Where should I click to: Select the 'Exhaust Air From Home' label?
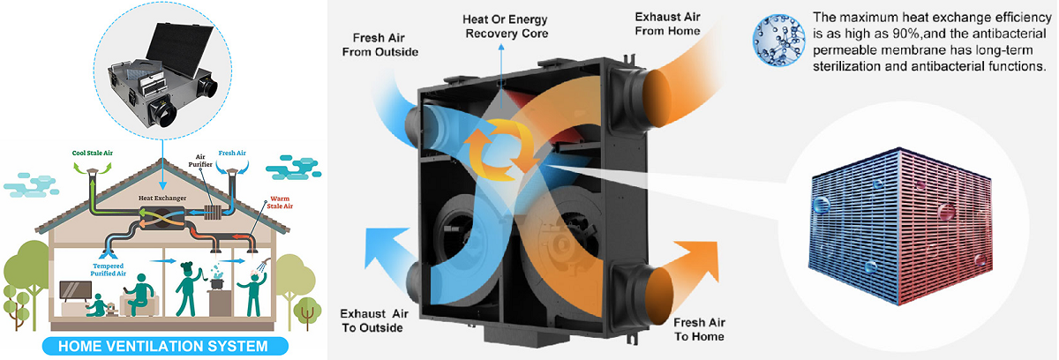point(668,24)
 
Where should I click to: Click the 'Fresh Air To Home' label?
point(699,329)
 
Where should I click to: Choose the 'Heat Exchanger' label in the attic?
point(162,199)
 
